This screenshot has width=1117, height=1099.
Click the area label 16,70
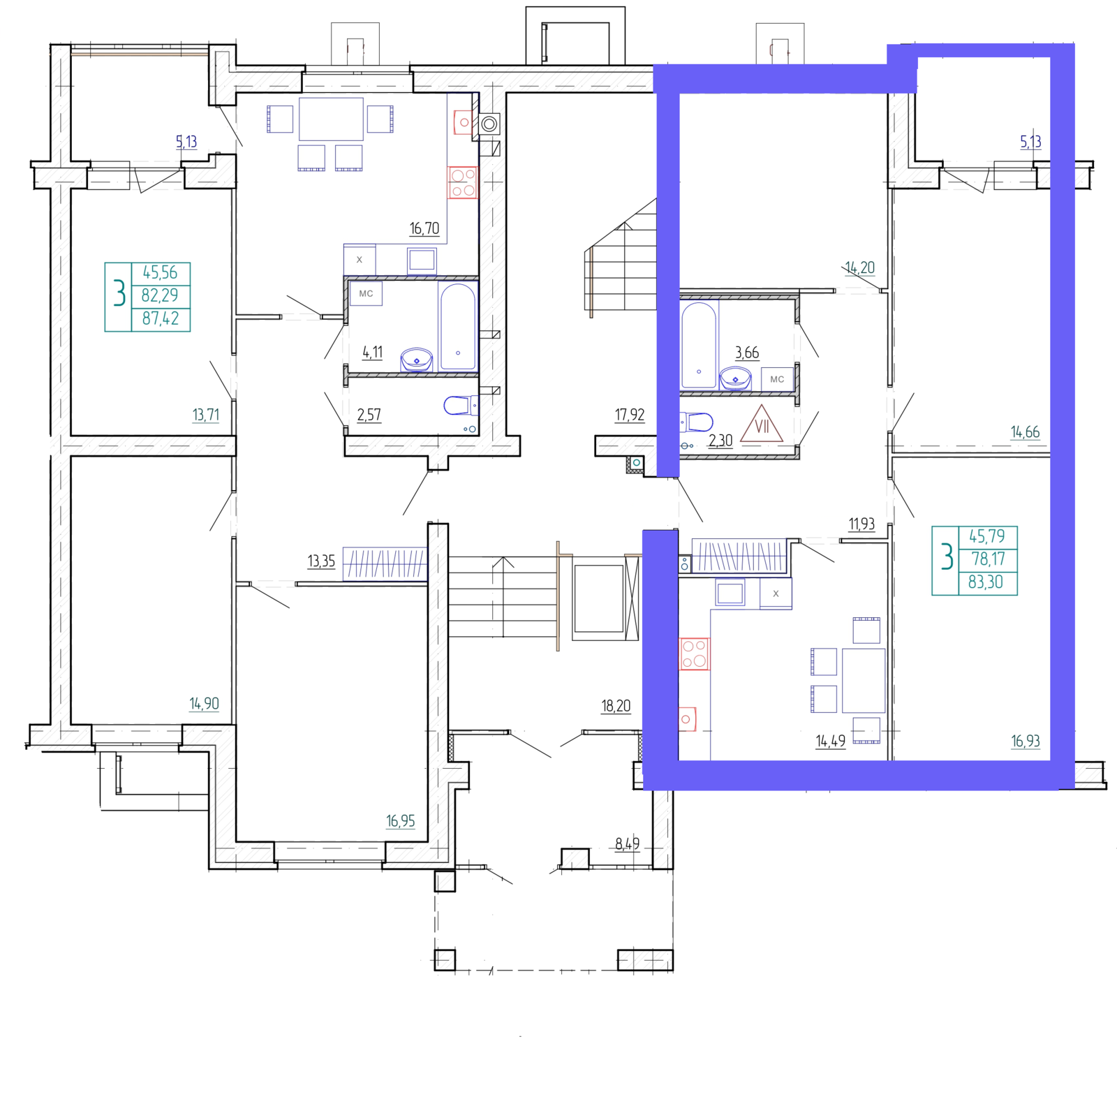pyautogui.click(x=424, y=228)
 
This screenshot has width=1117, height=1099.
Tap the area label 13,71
pyautogui.click(x=206, y=415)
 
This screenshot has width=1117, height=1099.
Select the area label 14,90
pyautogui.click(x=204, y=704)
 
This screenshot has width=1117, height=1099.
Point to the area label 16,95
pyautogui.click(x=401, y=821)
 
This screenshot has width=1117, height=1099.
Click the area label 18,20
pyautogui.click(x=616, y=706)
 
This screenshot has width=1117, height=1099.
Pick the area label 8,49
pyautogui.click(x=627, y=844)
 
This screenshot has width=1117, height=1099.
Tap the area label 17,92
pyautogui.click(x=629, y=415)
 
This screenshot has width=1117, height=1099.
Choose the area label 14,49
pyautogui.click(x=831, y=741)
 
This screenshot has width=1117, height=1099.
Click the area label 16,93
pyautogui.click(x=1026, y=741)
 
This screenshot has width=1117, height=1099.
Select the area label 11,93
pyautogui.click(x=861, y=524)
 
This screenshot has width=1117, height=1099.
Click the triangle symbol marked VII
pyautogui.click(x=762, y=424)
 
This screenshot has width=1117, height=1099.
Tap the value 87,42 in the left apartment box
pyautogui.click(x=161, y=318)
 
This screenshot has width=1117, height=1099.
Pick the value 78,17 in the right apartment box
pyautogui.click(x=988, y=559)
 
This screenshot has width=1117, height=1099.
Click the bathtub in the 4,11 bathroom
pyautogui.click(x=458, y=326)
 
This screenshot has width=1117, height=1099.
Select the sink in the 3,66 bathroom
pyautogui.click(x=735, y=378)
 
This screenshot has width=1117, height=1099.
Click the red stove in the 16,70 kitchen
pyautogui.click(x=463, y=182)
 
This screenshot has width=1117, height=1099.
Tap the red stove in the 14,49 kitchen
pyautogui.click(x=694, y=654)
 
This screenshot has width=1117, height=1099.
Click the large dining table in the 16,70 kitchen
pyautogui.click(x=331, y=119)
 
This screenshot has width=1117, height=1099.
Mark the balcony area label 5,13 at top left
pyautogui.click(x=186, y=142)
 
